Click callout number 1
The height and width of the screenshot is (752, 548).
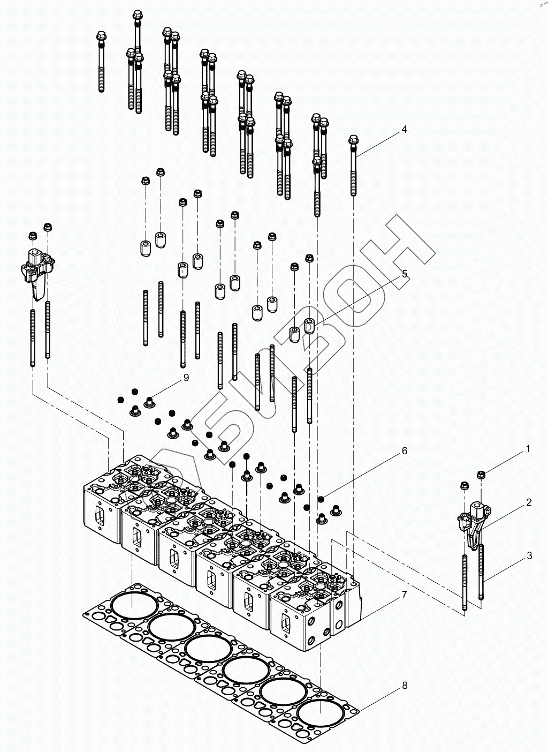528,449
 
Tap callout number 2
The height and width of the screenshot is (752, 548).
529,502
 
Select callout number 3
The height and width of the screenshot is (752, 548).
529,555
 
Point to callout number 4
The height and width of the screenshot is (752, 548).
404,129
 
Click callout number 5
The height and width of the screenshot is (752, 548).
405,274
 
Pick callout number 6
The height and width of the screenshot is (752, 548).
405,451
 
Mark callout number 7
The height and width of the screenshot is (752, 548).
405,595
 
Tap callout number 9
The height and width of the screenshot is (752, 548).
186,378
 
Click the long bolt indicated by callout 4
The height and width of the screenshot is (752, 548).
354,166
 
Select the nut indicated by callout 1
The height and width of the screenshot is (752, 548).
481,474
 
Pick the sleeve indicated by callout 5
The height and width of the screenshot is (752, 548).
309,325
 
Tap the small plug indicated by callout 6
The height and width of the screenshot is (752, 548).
320,499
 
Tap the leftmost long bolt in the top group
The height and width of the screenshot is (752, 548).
100,62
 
